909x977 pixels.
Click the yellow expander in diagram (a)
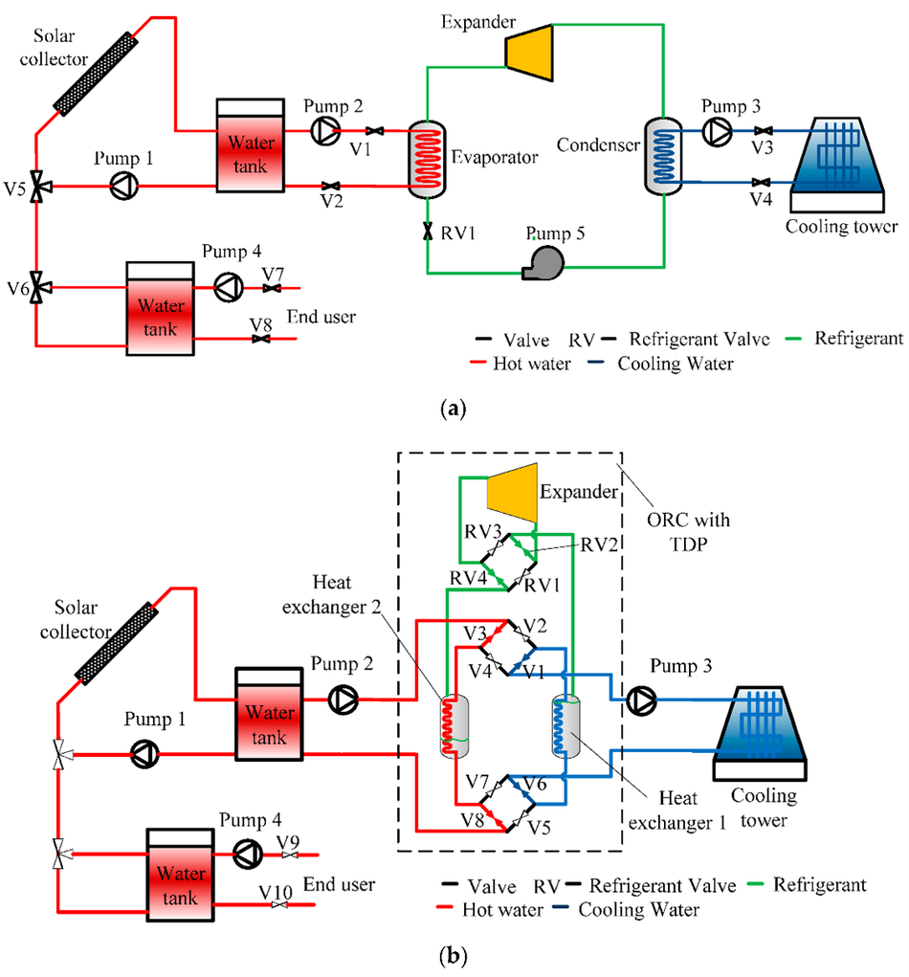[x=529, y=53]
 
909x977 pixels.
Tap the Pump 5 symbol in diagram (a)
[x=543, y=262]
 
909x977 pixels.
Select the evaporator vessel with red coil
[x=427, y=160]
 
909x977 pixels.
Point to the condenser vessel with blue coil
[x=663, y=156]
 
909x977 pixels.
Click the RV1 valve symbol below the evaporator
[x=428, y=232]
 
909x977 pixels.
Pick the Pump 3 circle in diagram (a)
[x=717, y=131]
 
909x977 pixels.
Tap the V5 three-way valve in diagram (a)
[x=38, y=186]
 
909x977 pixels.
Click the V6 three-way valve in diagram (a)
[x=38, y=287]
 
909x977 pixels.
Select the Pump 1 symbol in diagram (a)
[x=124, y=185]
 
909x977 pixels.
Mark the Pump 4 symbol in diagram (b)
[x=247, y=853]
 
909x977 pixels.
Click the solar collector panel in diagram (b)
[x=116, y=643]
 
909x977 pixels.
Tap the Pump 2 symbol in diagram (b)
[x=344, y=699]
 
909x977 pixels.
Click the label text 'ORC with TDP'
[x=688, y=531]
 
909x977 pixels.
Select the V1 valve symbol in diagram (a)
[x=374, y=131]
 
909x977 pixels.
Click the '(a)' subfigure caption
[x=453, y=409]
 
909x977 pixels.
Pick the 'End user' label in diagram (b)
[x=339, y=883]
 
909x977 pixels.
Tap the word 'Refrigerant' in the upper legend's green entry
[x=858, y=338]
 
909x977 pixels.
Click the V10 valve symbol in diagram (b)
[x=279, y=904]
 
